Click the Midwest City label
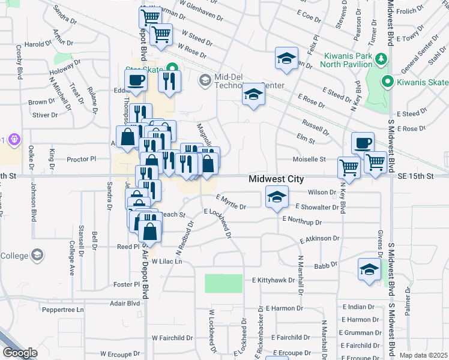(x=276, y=179)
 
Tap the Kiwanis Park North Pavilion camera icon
(x=381, y=58)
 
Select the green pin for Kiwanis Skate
(x=388, y=82)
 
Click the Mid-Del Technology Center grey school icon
(x=205, y=79)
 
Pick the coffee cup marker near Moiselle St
(x=363, y=143)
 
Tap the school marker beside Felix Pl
(x=286, y=59)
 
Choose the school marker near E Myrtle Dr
(x=276, y=197)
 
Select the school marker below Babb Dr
(x=369, y=269)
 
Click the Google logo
(x=20, y=353)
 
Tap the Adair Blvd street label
(x=125, y=304)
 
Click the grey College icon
(x=37, y=256)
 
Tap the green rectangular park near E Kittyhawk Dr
(x=223, y=284)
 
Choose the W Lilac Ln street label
(x=166, y=262)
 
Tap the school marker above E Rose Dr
(x=253, y=95)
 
